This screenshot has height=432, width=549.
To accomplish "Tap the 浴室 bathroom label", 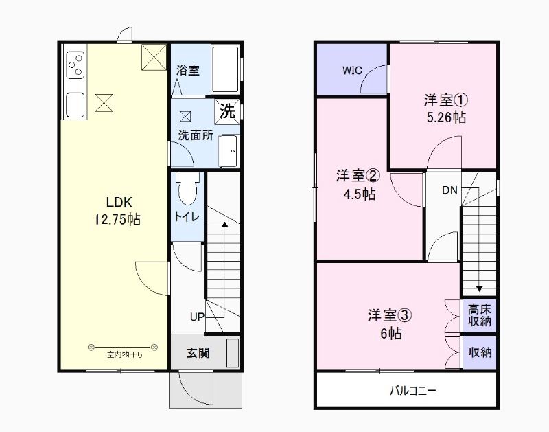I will pyautogui.click(x=187, y=71).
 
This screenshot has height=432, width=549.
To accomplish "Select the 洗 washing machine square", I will pyautogui.click(x=228, y=110).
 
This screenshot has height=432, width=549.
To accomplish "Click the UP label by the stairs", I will pyautogui.click(x=198, y=317).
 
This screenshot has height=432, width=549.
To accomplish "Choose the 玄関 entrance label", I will pyautogui.click(x=198, y=354).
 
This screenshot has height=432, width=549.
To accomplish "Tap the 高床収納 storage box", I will pyautogui.click(x=480, y=315).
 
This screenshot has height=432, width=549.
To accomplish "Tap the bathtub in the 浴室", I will pyautogui.click(x=224, y=69).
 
